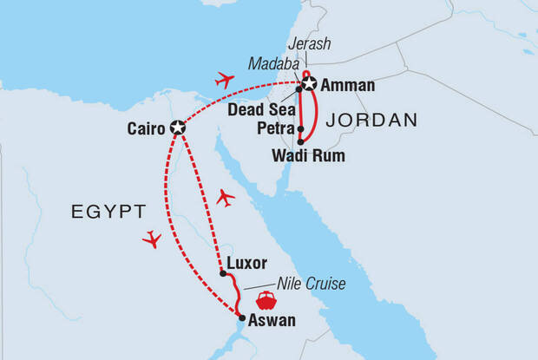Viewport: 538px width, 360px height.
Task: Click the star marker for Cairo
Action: point(178,128)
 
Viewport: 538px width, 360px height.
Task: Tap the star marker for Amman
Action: point(308,85)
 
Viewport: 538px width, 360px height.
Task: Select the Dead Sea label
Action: point(256,110)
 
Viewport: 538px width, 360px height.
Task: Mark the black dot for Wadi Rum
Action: point(300,141)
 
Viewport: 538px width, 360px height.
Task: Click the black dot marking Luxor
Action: point(223,273)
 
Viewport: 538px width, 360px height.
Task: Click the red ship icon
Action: point(266,301)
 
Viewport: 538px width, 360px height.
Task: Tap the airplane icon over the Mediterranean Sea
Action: point(226,81)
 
